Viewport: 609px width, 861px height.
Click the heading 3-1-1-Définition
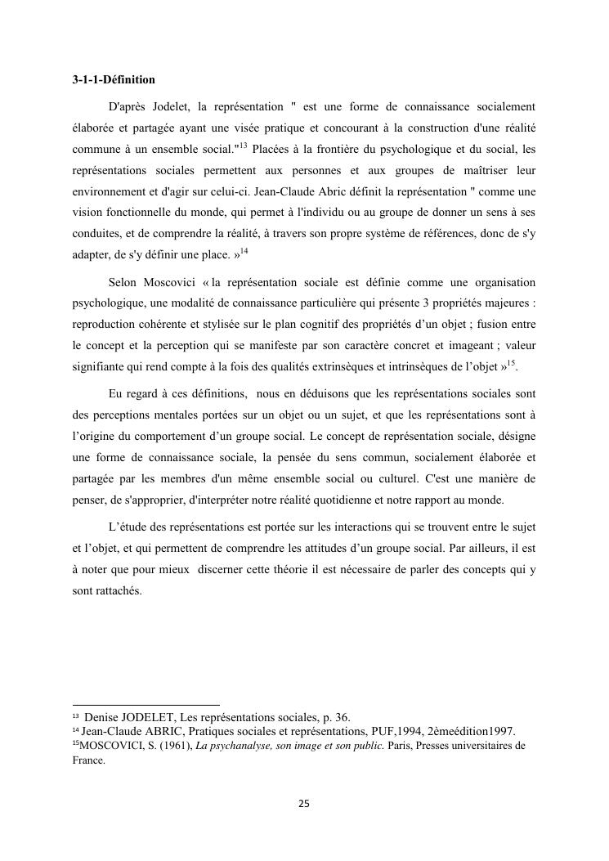(114, 80)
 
